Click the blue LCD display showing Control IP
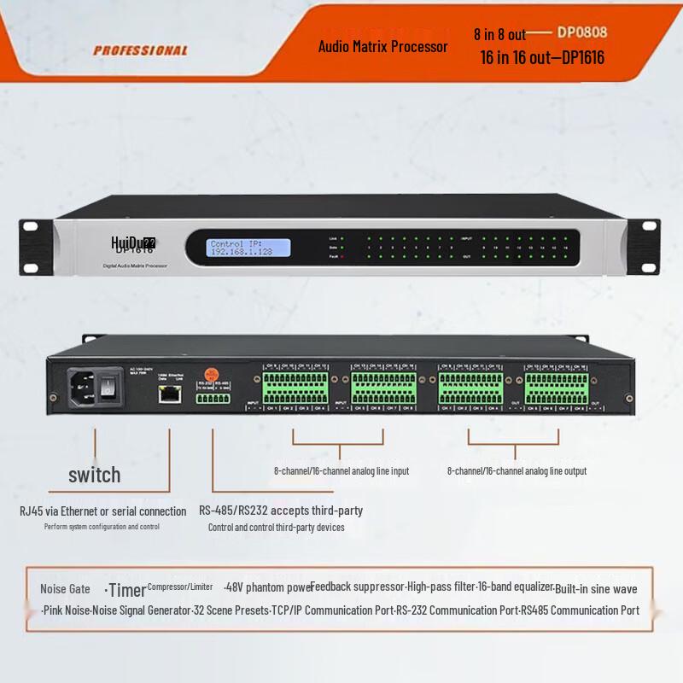(x=248, y=248)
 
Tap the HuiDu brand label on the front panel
(x=133, y=244)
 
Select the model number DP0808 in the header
(x=582, y=33)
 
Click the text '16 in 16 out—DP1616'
(x=542, y=58)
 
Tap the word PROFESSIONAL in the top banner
(x=140, y=50)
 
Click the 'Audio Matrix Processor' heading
(x=382, y=46)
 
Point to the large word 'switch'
(x=95, y=475)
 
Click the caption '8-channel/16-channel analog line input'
(x=341, y=470)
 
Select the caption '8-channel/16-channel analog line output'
(x=517, y=470)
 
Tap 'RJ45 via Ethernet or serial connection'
(x=102, y=511)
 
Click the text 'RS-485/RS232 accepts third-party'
(x=281, y=511)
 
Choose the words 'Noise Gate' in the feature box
(x=65, y=589)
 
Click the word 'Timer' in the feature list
(x=127, y=590)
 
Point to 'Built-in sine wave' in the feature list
(x=596, y=589)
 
